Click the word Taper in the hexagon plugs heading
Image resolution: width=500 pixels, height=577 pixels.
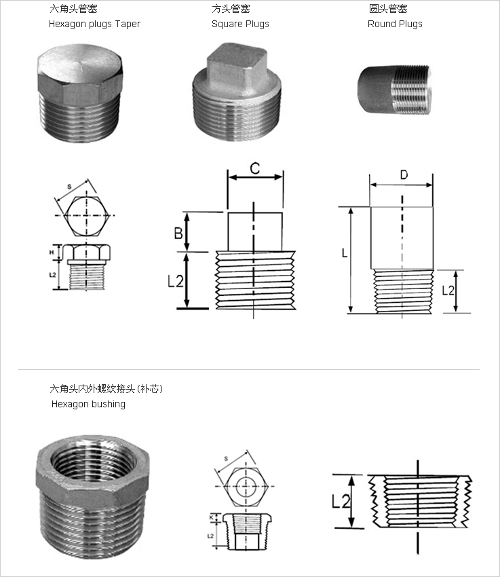(x=126, y=24)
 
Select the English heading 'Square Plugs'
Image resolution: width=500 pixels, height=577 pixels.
(x=240, y=24)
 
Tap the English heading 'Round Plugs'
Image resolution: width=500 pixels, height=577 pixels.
(x=395, y=24)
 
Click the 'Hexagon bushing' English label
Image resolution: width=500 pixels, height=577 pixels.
(x=88, y=404)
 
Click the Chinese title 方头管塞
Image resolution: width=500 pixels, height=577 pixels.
(x=231, y=9)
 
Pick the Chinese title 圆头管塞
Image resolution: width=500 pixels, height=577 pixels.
(x=388, y=9)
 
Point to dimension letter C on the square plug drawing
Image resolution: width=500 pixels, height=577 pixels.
(x=254, y=168)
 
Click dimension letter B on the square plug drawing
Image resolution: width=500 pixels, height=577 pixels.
(x=178, y=233)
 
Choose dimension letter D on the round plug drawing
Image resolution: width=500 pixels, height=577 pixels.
(x=404, y=175)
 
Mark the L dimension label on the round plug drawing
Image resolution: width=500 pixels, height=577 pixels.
(x=345, y=253)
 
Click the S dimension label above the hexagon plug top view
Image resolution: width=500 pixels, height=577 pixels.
(x=69, y=185)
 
